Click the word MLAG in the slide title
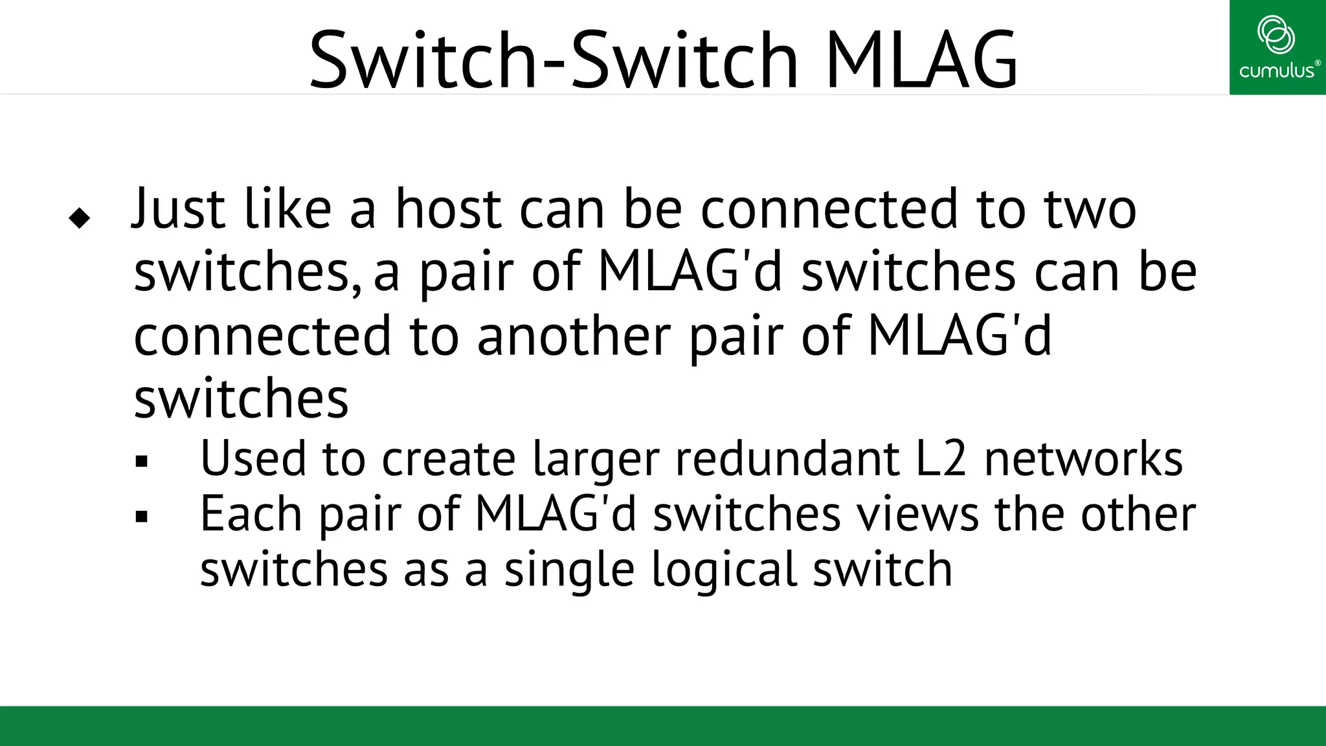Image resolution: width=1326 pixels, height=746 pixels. [x=921, y=60]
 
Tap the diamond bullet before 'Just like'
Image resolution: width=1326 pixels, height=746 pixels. [x=79, y=218]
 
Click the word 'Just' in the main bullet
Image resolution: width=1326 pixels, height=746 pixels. [x=179, y=209]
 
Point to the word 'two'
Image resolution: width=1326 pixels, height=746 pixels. [x=1090, y=209]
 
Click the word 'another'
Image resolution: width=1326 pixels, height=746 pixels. [x=574, y=336]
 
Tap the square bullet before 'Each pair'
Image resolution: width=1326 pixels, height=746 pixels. [x=142, y=517]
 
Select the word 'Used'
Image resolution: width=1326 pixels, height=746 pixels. [x=253, y=458]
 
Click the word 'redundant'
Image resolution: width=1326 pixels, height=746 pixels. [x=787, y=458]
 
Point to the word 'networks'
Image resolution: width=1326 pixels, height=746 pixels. [x=1083, y=458]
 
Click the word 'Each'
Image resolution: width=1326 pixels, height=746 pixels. [x=251, y=514]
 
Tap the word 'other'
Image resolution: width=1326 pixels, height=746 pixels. [x=1138, y=514]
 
